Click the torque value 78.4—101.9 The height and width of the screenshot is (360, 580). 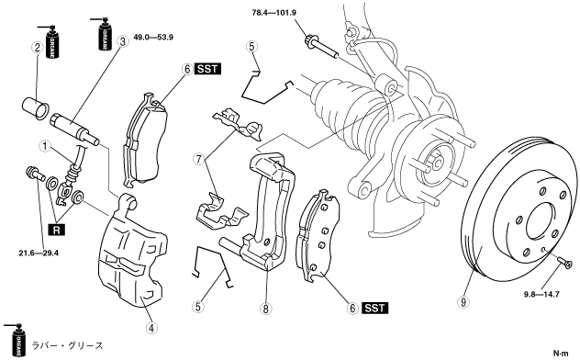274,13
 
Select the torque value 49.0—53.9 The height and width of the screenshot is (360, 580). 153,38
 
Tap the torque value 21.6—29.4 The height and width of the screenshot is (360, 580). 39,253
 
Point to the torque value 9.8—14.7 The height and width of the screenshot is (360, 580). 541,295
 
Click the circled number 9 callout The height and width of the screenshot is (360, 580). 463,302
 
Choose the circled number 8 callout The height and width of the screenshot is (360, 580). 265,308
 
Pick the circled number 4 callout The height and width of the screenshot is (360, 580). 151,328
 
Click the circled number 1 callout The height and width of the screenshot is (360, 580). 45,146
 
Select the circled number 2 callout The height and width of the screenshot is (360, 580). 37,48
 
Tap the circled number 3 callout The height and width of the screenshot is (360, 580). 123,41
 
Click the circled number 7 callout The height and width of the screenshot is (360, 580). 199,160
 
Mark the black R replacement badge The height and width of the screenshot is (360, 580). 57,231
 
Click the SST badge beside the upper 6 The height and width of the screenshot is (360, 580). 207,69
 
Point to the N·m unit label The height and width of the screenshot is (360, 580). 561,354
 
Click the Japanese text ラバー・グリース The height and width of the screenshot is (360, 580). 67,345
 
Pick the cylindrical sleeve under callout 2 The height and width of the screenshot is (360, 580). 34,107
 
